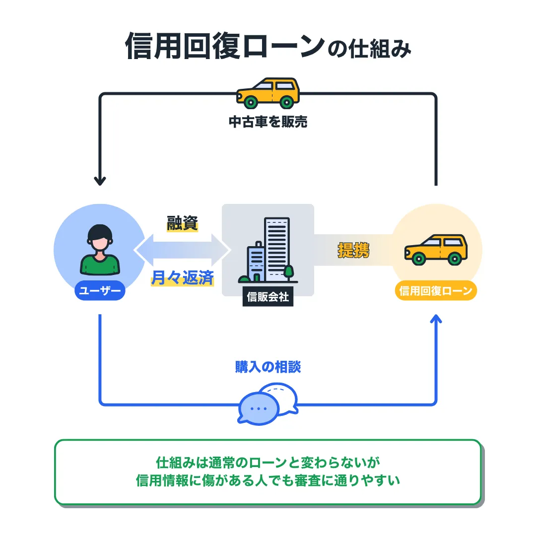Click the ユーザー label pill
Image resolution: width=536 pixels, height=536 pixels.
(x=100, y=291)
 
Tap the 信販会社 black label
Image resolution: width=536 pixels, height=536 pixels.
(x=268, y=298)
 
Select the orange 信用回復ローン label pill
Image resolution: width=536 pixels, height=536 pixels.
(x=436, y=291)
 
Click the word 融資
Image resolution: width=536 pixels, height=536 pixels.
(x=182, y=224)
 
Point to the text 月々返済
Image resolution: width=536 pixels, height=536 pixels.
(x=182, y=278)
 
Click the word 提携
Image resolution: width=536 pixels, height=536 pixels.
(x=353, y=250)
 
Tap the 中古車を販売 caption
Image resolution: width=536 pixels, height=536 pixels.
(x=268, y=122)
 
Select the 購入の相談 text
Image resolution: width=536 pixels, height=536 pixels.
(x=268, y=367)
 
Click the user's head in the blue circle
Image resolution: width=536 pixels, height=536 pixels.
(x=100, y=239)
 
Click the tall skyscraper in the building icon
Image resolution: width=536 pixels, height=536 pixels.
(x=277, y=248)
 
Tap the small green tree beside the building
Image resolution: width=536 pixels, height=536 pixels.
(x=288, y=272)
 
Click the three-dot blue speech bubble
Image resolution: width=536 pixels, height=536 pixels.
(x=258, y=408)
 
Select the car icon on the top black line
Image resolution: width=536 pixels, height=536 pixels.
(x=268, y=93)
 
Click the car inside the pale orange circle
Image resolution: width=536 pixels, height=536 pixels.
(x=436, y=249)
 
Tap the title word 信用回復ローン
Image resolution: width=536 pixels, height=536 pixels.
(x=224, y=47)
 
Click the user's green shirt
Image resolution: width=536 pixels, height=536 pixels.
(x=100, y=265)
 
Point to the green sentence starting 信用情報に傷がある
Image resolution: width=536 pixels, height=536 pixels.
(x=268, y=480)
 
